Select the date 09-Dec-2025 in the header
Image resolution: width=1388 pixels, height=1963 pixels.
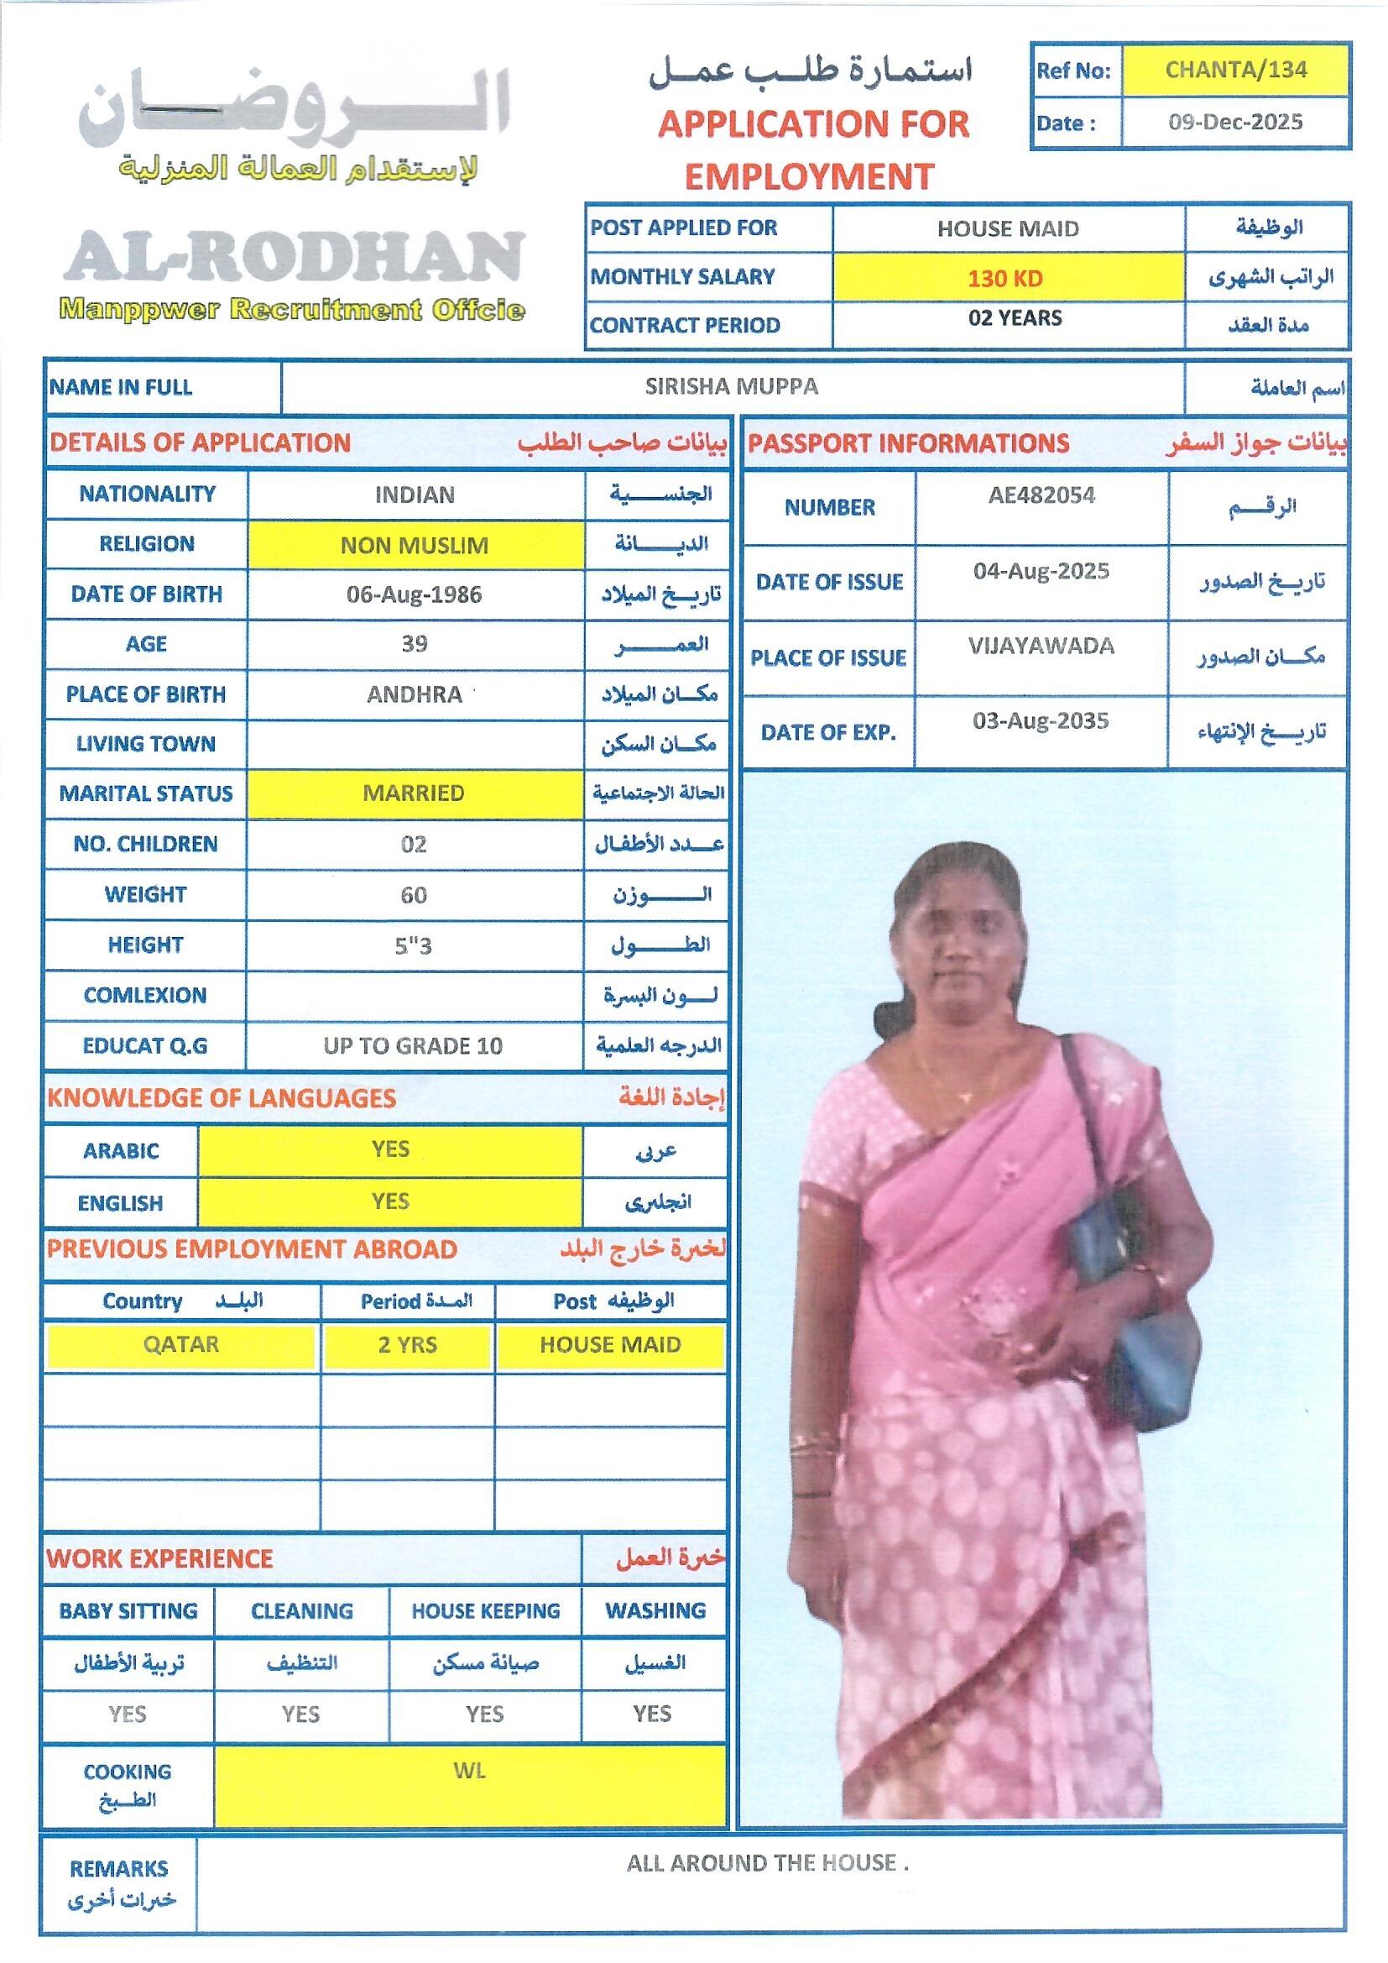tap(1235, 122)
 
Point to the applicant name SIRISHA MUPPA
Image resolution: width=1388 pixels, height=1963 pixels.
tap(731, 386)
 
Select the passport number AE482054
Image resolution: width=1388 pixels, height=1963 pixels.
tap(1041, 495)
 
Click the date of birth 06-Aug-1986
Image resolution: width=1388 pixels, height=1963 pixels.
tap(414, 594)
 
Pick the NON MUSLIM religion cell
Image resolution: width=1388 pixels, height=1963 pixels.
tap(415, 545)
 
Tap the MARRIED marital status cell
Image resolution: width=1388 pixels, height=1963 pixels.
tap(414, 793)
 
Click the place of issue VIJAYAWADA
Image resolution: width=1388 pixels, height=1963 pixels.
tap(1041, 646)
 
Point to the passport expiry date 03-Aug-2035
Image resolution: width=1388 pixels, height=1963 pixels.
tap(1040, 720)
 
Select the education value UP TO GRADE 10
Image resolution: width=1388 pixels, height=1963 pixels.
tap(413, 1045)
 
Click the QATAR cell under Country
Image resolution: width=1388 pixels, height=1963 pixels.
tap(181, 1344)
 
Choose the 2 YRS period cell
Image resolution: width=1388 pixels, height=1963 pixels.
tap(408, 1344)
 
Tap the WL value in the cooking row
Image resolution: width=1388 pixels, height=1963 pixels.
tap(469, 1770)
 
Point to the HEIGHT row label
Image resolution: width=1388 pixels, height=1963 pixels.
tap(145, 945)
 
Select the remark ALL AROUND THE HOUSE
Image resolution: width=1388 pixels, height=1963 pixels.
tap(767, 1863)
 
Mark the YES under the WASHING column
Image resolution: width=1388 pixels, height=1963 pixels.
tap(652, 1714)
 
